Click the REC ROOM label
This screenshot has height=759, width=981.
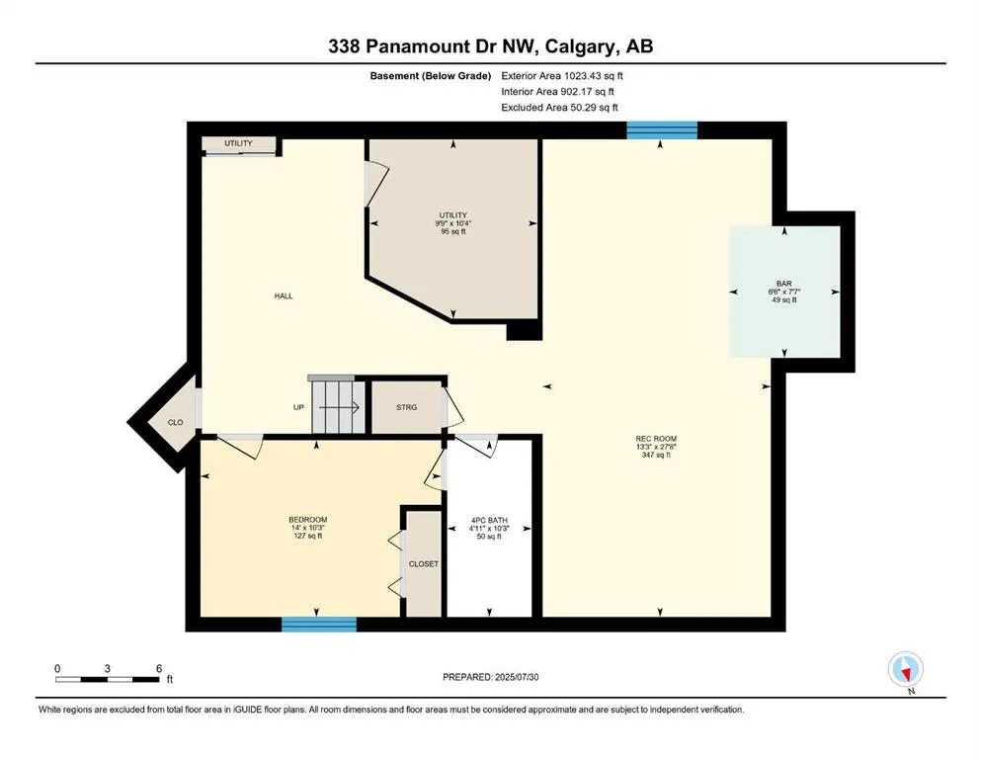pos(656,439)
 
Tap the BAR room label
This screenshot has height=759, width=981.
pos(784,284)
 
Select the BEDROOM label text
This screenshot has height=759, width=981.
pos(308,520)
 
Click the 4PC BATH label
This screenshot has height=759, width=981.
pos(489,520)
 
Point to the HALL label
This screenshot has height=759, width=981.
pos(284,295)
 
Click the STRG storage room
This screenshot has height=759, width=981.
pos(407,407)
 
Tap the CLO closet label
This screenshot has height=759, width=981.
pos(175,422)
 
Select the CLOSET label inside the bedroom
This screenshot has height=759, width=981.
pos(424,563)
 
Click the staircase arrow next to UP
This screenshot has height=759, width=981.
pos(339,408)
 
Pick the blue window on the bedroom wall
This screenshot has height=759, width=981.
pos(319,624)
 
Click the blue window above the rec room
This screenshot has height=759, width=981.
pos(662,130)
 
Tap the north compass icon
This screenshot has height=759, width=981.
pos(905,669)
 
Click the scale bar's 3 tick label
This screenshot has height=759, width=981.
pos(108,668)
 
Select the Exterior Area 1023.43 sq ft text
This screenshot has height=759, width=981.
pos(562,76)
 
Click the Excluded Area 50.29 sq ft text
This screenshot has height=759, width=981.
pos(559,107)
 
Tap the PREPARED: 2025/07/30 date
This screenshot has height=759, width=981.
pos(490,677)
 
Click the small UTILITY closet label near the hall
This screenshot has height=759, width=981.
pos(238,143)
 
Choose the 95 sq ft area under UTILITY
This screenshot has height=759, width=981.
pos(453,231)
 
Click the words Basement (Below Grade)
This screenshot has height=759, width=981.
pos(431,76)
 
